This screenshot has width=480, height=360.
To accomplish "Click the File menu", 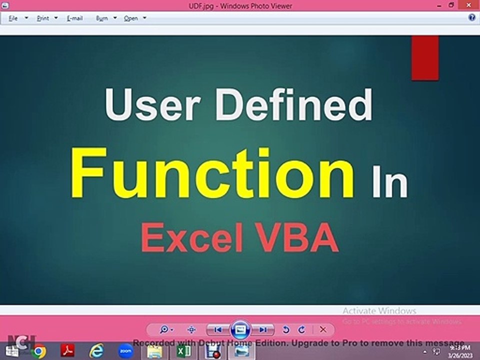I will click(x=13, y=18).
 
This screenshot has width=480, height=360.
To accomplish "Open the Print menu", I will click(x=43, y=18).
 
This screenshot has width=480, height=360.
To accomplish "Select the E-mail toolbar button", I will click(x=74, y=18).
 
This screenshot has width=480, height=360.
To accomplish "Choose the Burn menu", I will click(x=102, y=18).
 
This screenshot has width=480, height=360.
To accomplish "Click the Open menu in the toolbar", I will click(x=131, y=18).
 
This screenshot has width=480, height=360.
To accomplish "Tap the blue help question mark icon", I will click(x=471, y=17).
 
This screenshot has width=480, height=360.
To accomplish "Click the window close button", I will click(x=468, y=5).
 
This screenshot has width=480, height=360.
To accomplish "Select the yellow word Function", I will click(x=212, y=172).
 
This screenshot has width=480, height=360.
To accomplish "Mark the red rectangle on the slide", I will click(x=425, y=57).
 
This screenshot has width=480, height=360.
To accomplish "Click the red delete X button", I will click(x=323, y=329).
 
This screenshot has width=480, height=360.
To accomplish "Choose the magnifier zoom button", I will click(x=164, y=329).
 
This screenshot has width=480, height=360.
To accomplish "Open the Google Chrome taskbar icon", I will click(x=39, y=351).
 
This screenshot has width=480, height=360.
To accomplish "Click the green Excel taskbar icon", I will click(x=183, y=351).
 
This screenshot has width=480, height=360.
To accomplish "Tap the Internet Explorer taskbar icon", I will click(x=96, y=351).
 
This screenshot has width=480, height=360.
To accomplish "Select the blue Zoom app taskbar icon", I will click(x=125, y=351).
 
